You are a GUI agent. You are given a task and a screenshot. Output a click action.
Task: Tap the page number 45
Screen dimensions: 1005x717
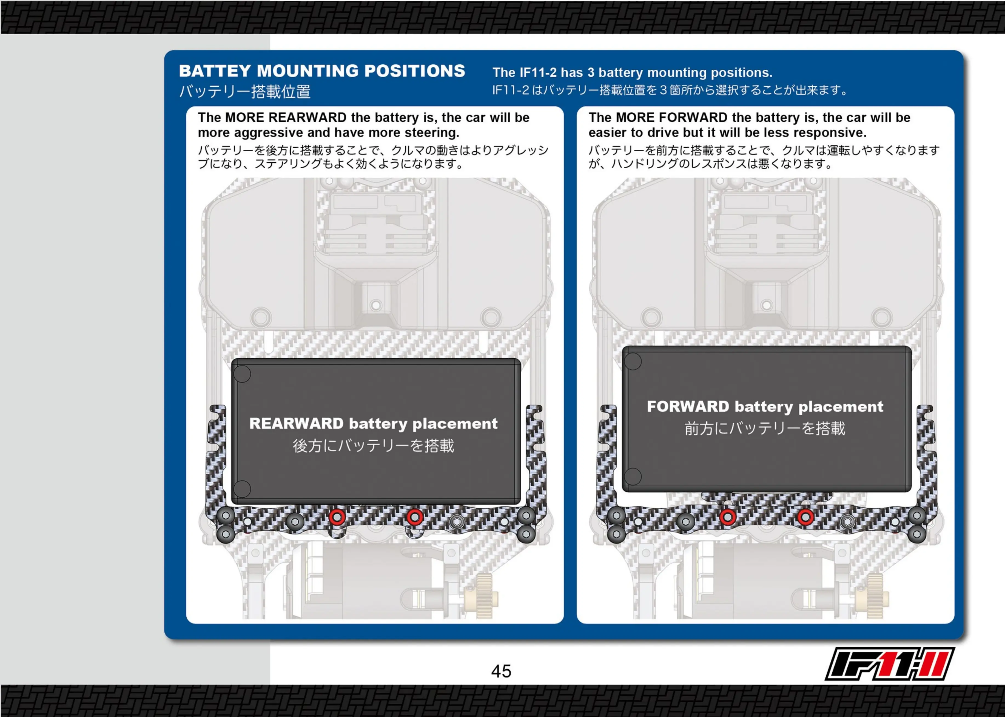tap(501, 671)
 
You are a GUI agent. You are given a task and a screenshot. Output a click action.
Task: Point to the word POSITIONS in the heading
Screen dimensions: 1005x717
tap(415, 71)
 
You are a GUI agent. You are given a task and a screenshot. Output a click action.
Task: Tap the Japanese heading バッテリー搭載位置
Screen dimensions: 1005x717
tap(245, 92)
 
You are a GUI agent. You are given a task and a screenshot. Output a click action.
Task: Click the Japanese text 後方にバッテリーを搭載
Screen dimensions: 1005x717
tap(373, 446)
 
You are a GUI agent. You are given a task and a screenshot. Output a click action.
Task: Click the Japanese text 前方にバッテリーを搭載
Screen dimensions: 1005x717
tap(765, 428)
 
